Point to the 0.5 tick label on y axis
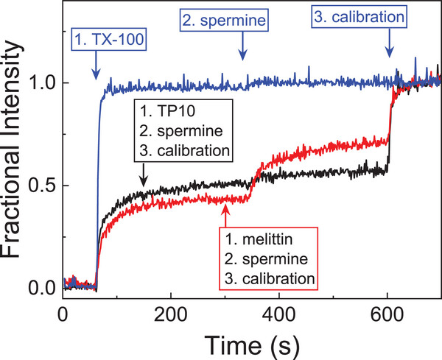[x=43, y=184]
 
